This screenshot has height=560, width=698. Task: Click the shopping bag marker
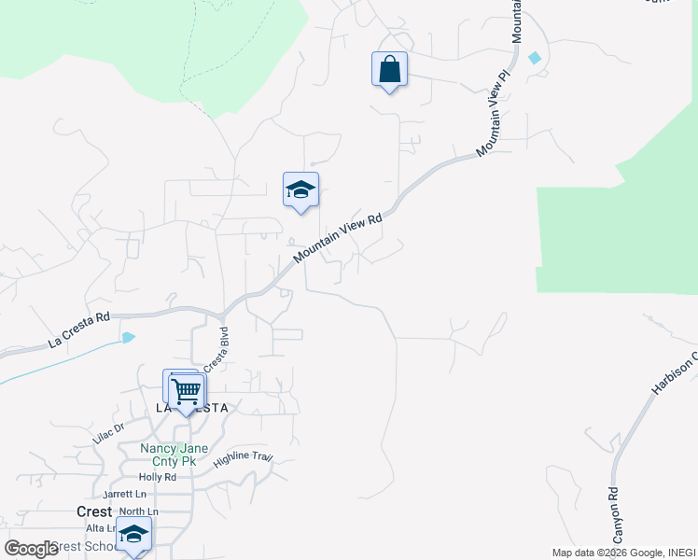(389, 70)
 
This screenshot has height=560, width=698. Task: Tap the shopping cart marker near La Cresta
(187, 390)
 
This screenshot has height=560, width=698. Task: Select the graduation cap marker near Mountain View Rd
(300, 190)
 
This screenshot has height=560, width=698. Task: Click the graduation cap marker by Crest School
(133, 536)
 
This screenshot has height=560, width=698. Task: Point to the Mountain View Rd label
(337, 239)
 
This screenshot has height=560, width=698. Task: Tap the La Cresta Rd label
(78, 330)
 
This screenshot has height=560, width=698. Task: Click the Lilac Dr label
(108, 432)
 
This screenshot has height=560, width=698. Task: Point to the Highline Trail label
(243, 458)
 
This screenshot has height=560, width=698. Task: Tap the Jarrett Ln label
(126, 495)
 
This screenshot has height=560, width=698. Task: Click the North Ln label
(138, 511)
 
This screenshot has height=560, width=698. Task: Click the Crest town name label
(93, 511)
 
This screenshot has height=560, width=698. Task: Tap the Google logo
(31, 548)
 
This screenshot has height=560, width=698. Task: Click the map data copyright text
(622, 553)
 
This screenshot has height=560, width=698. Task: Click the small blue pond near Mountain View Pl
(534, 58)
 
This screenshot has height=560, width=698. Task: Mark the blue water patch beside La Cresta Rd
(128, 337)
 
